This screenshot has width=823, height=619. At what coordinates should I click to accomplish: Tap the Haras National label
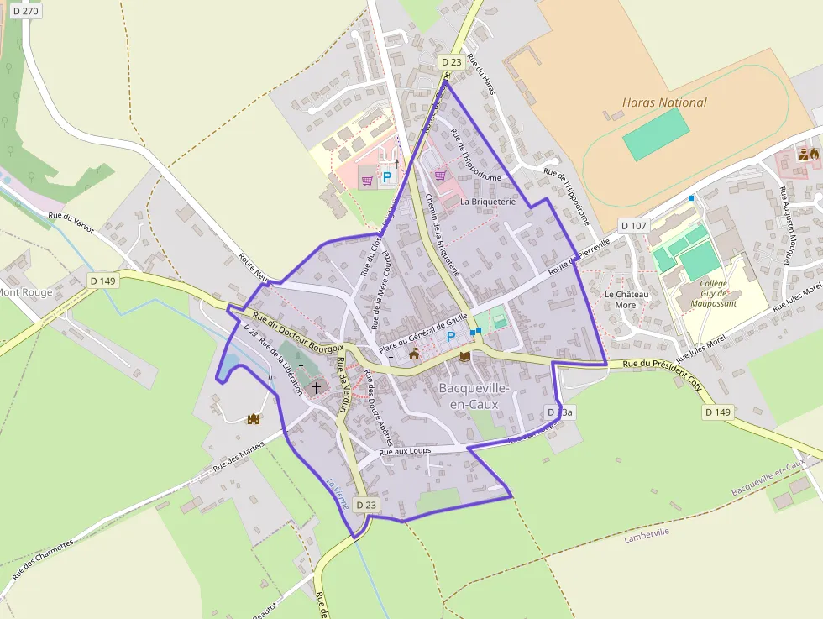click(x=664, y=102)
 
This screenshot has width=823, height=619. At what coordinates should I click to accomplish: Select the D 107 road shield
click(x=634, y=226)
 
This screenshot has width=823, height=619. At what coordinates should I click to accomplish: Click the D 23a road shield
click(x=560, y=412)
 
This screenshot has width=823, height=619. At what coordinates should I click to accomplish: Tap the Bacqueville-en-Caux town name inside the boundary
click(x=474, y=396)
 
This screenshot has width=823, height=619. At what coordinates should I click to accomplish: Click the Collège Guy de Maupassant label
click(x=718, y=293)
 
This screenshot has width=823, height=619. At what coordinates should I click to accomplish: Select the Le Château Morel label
click(x=626, y=299)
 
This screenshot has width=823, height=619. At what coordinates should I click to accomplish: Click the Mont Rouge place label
click(x=25, y=292)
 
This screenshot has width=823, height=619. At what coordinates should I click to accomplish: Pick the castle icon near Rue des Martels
click(x=253, y=418)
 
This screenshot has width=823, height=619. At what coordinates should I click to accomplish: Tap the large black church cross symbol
click(x=317, y=387)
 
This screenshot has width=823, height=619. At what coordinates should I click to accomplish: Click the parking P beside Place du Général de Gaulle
click(x=451, y=337)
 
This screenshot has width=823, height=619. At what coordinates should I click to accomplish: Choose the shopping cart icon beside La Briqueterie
click(x=440, y=176)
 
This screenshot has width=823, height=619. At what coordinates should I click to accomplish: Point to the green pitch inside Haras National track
click(x=656, y=134)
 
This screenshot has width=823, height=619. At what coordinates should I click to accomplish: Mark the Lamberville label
click(x=646, y=537)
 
